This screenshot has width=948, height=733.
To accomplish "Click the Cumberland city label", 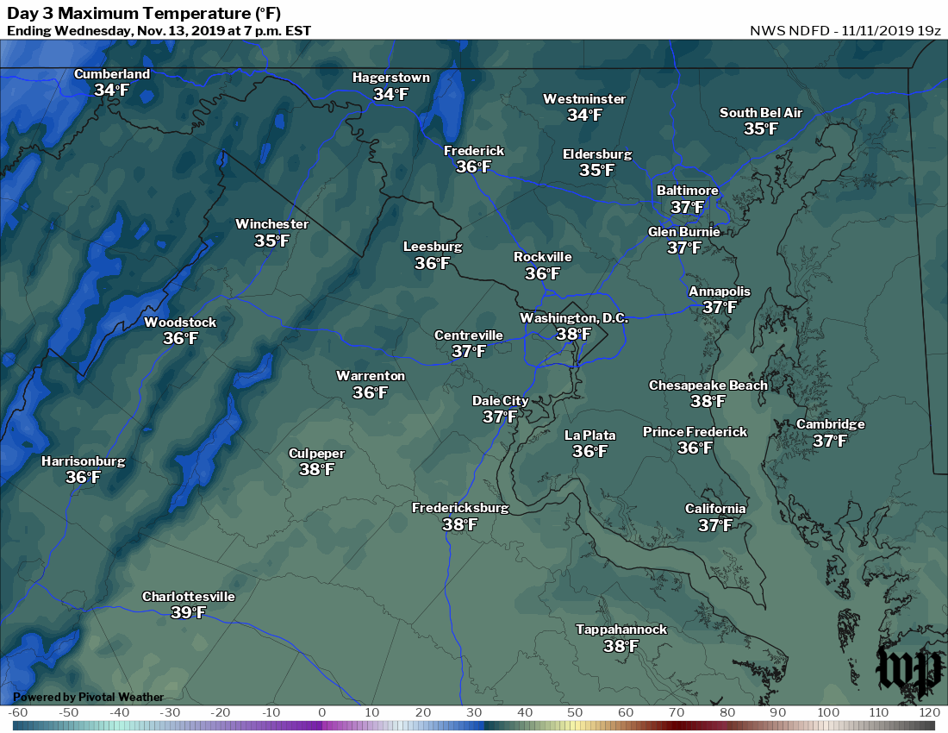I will (x=111, y=74).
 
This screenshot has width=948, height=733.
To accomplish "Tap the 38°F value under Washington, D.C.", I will (x=573, y=335).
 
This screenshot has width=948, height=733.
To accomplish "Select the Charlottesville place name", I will (x=188, y=597).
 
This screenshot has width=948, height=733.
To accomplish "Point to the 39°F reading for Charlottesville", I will (x=188, y=613).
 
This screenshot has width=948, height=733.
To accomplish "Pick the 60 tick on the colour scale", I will (x=626, y=713).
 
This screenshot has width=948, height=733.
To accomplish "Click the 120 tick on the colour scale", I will (x=928, y=713).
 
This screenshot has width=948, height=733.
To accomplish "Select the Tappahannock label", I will (x=621, y=630).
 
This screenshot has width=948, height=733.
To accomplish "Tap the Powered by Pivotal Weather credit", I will (x=88, y=697).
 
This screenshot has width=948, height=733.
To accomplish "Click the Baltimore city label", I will (x=687, y=191).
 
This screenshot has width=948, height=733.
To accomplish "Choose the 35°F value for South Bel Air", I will (x=760, y=129).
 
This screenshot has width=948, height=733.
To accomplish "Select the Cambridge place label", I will (x=830, y=424).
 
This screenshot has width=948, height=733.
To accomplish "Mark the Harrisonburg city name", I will (x=83, y=461).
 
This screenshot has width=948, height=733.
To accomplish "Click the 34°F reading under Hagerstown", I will (x=390, y=94).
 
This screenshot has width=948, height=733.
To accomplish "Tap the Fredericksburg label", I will (x=459, y=508).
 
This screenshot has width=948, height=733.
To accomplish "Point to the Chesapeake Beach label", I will (x=708, y=385).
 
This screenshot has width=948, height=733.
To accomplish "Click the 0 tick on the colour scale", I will (x=321, y=713).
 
